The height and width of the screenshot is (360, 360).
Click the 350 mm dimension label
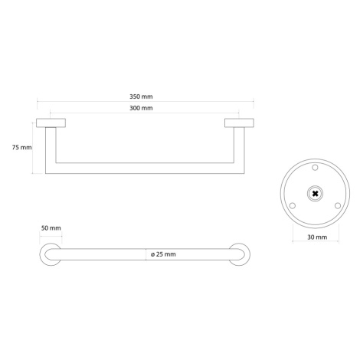tap(141, 97)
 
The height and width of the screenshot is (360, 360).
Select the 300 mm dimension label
tap(141, 108)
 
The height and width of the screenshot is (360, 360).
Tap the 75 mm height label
tap(22, 147)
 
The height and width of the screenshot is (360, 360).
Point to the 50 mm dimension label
tap(51, 228)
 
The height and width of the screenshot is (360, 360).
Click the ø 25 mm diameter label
tap(163, 254)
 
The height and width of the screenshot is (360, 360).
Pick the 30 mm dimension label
tap(317, 237)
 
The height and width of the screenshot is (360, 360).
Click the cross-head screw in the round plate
tap(316, 194)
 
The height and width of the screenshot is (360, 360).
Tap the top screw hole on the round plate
tap(316, 168)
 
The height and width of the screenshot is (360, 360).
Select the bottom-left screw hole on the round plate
tap(293, 205)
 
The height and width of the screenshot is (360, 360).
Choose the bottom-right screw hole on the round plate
tap(338, 205)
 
